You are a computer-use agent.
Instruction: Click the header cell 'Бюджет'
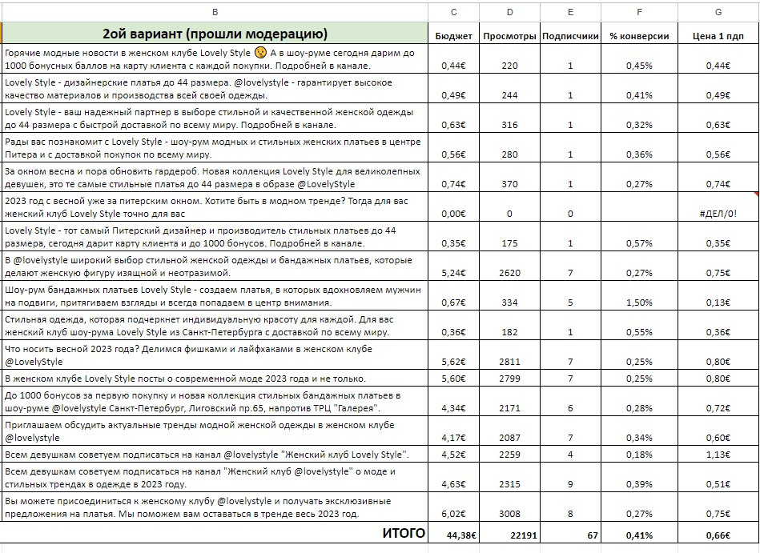click(x=453, y=36)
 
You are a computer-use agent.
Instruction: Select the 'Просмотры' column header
click(x=509, y=36)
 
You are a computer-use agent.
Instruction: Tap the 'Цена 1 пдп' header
click(x=718, y=36)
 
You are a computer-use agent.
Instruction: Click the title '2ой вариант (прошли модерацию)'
click(x=215, y=34)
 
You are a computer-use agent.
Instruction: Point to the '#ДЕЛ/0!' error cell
click(x=718, y=214)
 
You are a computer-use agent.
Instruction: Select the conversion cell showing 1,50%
click(x=639, y=303)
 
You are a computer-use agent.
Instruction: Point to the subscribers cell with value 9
click(x=570, y=484)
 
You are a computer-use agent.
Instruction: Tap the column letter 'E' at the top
click(x=570, y=11)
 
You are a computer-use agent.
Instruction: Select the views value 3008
click(x=509, y=515)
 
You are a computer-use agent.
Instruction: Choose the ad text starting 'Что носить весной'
click(x=188, y=355)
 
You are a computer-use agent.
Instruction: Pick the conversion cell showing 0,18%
click(x=639, y=455)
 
